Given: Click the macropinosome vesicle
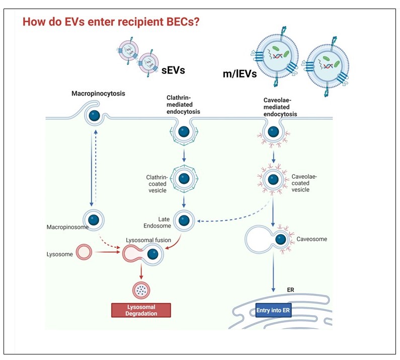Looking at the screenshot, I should pyautogui.click(x=93, y=220).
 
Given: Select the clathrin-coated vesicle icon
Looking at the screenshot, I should pyautogui.click(x=184, y=179).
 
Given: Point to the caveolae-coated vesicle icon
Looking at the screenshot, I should pyautogui.click(x=273, y=180).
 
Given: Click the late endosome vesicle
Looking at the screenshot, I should pyautogui.click(x=184, y=220).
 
